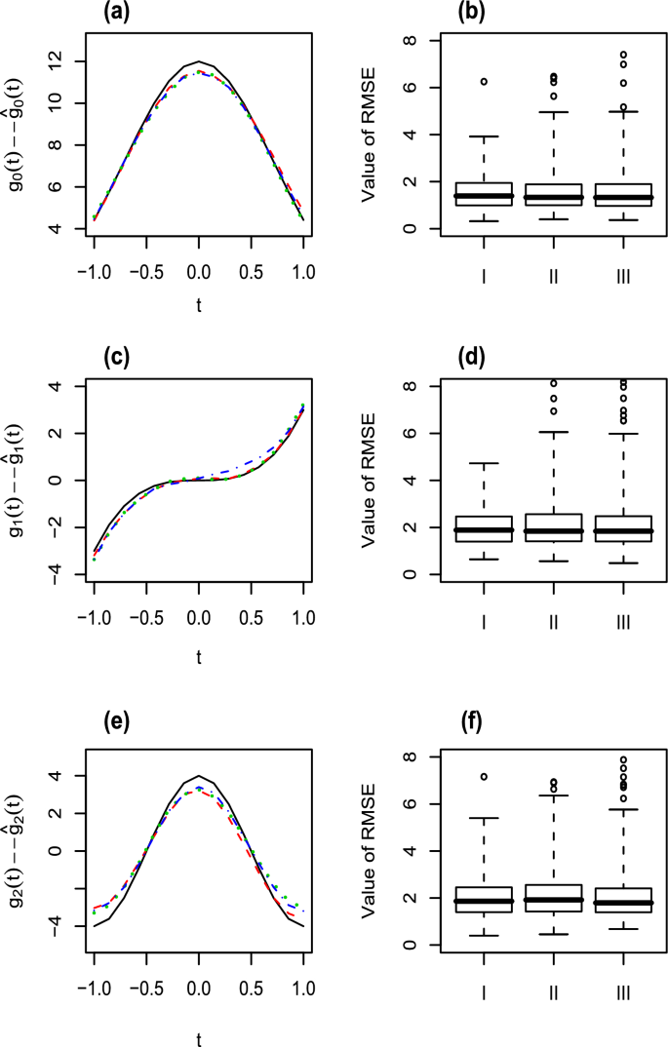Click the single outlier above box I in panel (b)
(484, 81)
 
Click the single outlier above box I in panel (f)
(484, 777)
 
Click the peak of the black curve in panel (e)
(199, 776)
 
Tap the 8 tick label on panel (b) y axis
(411, 41)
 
